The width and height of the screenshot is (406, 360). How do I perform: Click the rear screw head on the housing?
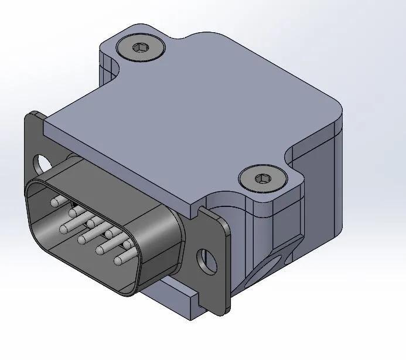click(x=141, y=47)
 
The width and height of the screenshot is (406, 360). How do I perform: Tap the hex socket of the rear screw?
click(x=141, y=47)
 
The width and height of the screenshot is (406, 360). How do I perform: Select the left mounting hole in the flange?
click(x=42, y=161)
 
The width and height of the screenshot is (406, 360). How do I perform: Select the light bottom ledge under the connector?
click(x=176, y=299)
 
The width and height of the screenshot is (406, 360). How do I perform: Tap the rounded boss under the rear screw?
click(x=109, y=64)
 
